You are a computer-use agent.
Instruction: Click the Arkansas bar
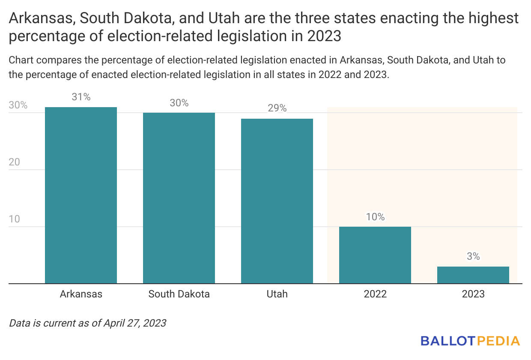(81, 195)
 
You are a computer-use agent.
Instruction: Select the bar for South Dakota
(179, 198)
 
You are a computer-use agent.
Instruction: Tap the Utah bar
(277, 201)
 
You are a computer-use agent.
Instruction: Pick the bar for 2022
(375, 255)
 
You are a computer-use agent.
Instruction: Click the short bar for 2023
(473, 275)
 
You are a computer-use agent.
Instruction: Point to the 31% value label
(81, 97)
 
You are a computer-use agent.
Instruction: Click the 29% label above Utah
(277, 108)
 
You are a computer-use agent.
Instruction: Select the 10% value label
(375, 217)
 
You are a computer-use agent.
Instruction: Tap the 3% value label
(473, 257)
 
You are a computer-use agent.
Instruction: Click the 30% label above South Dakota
(179, 103)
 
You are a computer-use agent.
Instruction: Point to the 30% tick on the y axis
(18, 105)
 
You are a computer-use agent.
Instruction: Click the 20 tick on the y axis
(14, 162)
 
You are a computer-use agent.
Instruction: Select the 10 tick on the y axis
(14, 219)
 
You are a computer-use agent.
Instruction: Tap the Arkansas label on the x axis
(81, 294)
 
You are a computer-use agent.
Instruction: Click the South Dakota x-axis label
(179, 294)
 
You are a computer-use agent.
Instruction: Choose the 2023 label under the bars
(473, 294)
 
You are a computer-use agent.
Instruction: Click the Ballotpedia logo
(470, 341)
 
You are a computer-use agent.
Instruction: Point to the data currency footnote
(87, 323)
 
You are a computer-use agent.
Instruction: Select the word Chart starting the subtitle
(20, 60)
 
